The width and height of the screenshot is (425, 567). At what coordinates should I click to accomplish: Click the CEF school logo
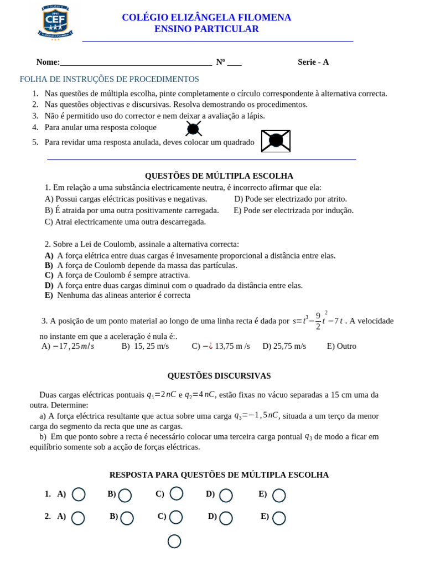(x=55, y=22)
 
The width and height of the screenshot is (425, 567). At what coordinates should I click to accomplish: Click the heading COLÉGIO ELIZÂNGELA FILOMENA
(x=206, y=18)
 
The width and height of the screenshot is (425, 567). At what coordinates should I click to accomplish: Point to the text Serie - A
(x=313, y=62)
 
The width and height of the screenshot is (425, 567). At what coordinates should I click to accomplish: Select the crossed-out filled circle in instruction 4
(x=193, y=129)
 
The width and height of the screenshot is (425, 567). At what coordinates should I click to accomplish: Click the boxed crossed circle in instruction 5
(x=276, y=141)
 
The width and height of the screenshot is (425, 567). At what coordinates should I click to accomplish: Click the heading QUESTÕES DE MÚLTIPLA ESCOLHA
(x=219, y=176)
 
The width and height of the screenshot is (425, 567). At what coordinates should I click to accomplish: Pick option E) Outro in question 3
(x=341, y=346)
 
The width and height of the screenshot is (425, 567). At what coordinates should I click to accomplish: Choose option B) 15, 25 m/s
(x=145, y=346)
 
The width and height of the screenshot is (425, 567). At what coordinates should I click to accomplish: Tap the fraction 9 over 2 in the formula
(x=318, y=321)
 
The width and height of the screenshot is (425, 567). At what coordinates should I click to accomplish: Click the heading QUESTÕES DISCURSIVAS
(x=219, y=376)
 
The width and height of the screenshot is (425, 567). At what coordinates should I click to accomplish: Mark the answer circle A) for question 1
(x=79, y=494)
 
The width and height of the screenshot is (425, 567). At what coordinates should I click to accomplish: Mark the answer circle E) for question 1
(x=279, y=495)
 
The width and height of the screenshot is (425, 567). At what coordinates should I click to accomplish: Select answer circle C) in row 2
(x=176, y=517)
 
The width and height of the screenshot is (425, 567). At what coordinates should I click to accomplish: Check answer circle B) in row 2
(x=127, y=518)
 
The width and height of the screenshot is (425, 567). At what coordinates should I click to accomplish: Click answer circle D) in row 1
(x=226, y=495)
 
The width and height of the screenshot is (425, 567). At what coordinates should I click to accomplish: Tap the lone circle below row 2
(x=174, y=541)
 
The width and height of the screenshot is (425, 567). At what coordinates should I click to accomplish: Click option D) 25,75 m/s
(x=284, y=346)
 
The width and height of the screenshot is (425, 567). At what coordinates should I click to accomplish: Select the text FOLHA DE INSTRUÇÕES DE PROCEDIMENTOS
(x=110, y=79)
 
